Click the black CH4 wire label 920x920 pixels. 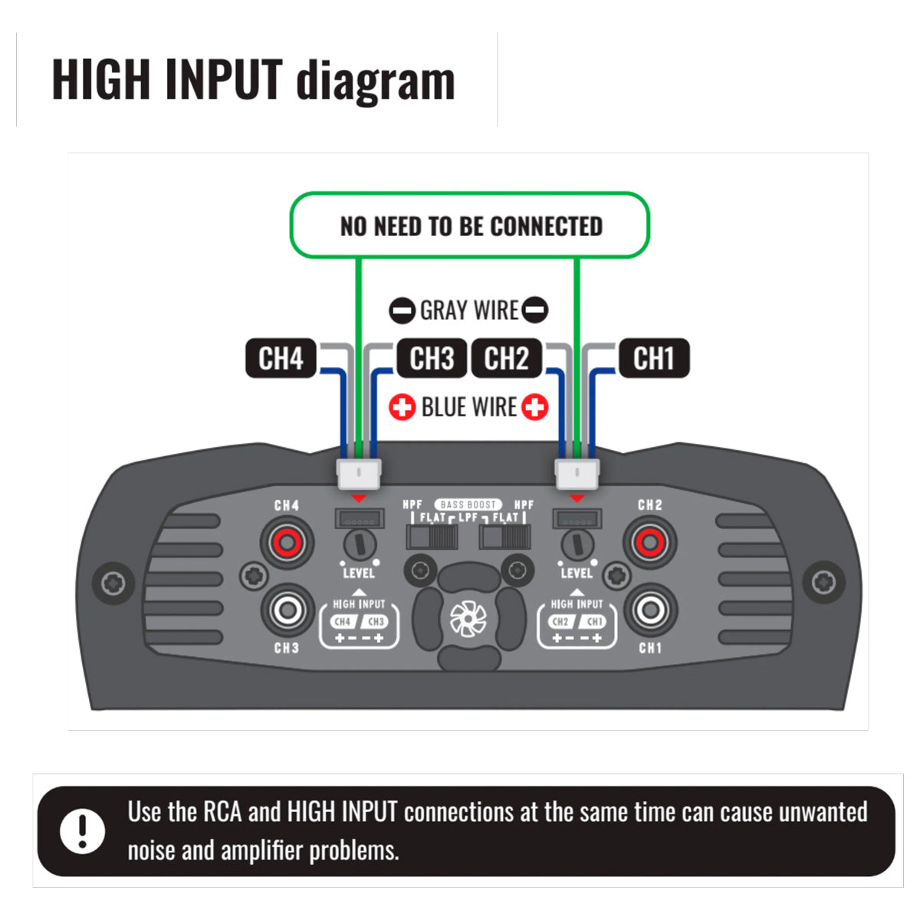(281, 358)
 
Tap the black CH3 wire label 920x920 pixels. (432, 358)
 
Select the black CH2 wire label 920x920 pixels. (506, 358)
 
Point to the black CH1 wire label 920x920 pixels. (653, 358)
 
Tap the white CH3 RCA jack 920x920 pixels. (287, 610)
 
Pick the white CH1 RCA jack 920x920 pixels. (649, 610)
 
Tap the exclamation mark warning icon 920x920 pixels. (82, 830)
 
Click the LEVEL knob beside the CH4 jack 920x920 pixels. (358, 545)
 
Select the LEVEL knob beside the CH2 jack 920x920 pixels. (576, 545)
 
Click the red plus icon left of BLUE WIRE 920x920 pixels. (402, 407)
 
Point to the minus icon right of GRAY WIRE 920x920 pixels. (535, 310)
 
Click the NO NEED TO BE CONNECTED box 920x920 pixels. (470, 225)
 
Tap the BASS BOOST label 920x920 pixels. (468, 504)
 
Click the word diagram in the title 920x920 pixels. (376, 80)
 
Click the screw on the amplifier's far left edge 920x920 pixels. (113, 583)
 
